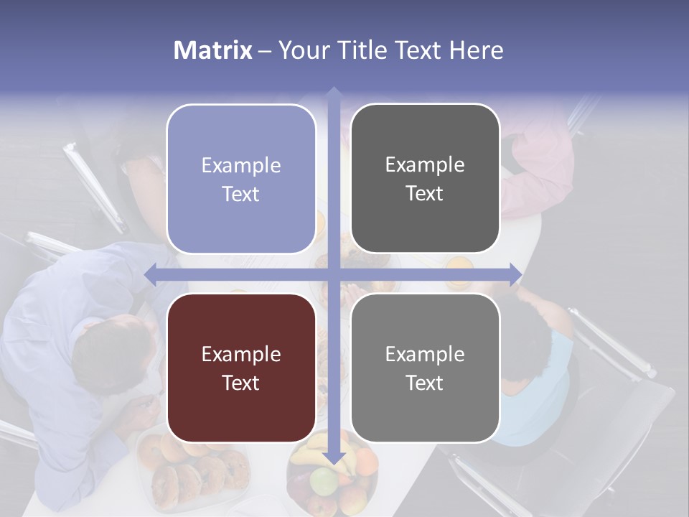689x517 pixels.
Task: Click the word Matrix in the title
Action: pos(213,50)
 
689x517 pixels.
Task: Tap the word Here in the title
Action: pos(477,50)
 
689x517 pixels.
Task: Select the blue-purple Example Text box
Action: pos(241,180)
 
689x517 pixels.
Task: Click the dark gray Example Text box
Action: pos(425,179)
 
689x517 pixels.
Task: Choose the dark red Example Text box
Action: pos(241,368)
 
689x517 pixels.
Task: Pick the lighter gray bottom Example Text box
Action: pos(425,368)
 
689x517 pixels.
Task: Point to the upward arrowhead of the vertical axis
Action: pos(333,93)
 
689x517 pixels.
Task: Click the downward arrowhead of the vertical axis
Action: pos(333,457)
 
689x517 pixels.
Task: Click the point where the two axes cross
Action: pos(333,274)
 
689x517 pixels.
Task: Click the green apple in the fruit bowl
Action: pos(324,480)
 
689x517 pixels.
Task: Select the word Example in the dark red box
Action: pos(241,355)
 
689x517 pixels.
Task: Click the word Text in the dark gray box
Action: pos(425,194)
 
